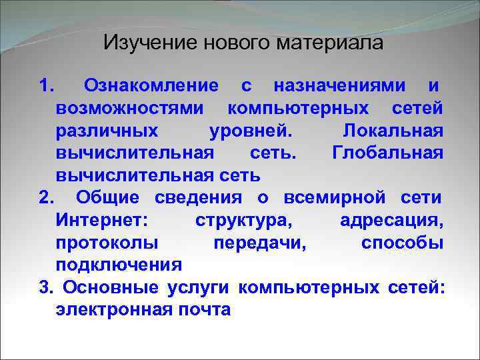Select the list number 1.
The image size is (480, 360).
pyautogui.click(x=45, y=86)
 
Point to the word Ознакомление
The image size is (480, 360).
pyautogui.click(x=151, y=86)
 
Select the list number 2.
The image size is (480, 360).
pyautogui.click(x=45, y=198)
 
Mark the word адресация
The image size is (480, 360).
pyautogui.click(x=391, y=221)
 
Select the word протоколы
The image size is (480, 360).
pyautogui.click(x=107, y=243)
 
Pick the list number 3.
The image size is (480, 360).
pyautogui.click(x=45, y=287)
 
